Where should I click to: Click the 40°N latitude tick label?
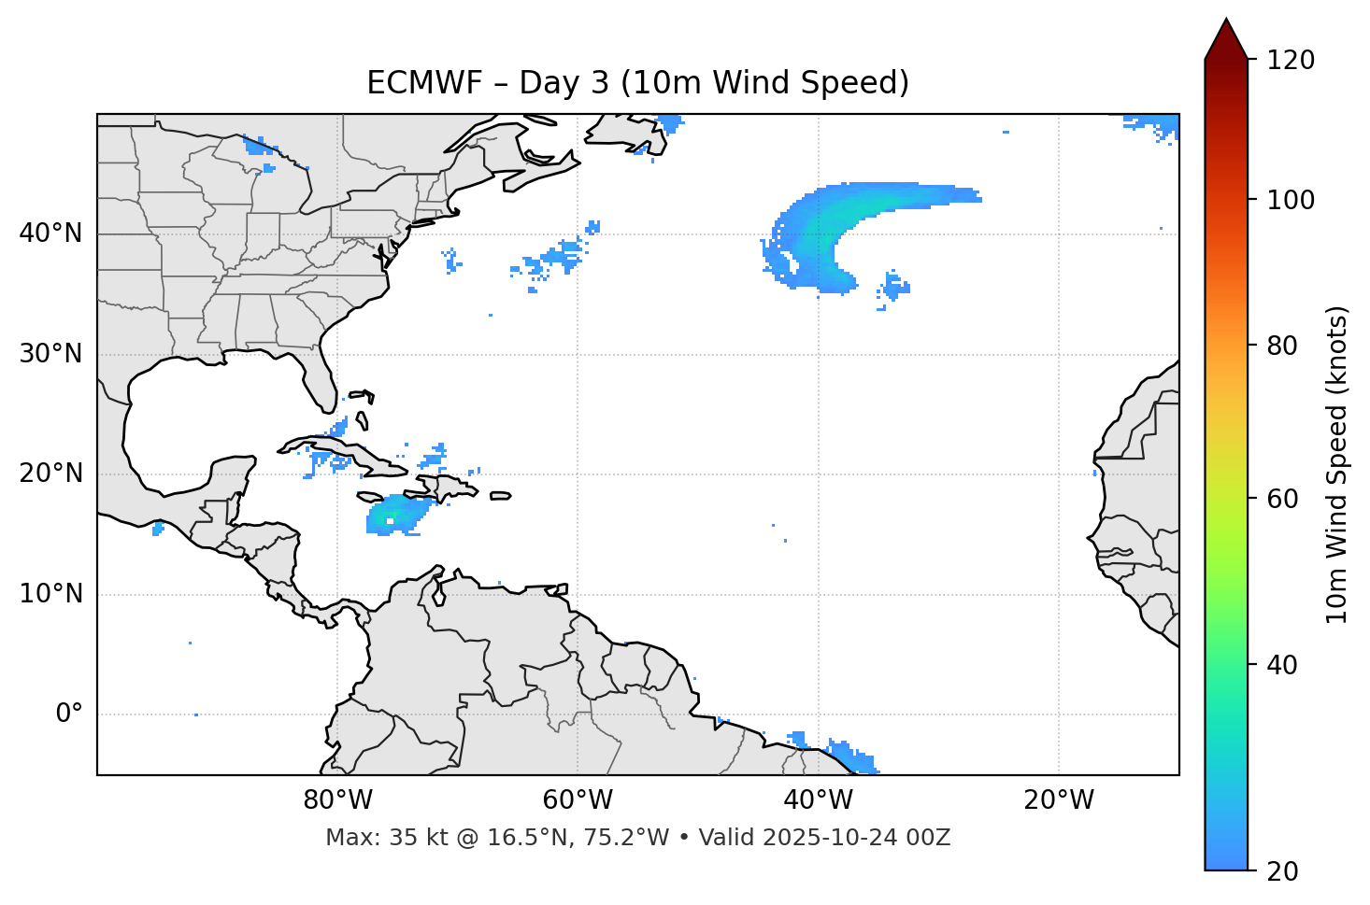tap(50, 233)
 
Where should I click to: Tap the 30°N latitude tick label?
tap(50, 354)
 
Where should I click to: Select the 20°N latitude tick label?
tap(50, 474)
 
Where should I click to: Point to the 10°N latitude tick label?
tap(50, 594)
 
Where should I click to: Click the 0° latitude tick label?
tap(69, 714)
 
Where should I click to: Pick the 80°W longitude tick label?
tap(337, 800)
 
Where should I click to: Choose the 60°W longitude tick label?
tap(578, 800)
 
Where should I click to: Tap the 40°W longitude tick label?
tap(819, 800)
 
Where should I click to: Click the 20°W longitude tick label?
tap(1059, 800)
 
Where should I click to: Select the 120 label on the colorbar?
tap(1291, 60)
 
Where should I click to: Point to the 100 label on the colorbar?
tap(1291, 200)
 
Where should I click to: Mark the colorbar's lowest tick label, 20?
tap(1281, 870)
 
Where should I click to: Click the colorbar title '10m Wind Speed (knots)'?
tap(1337, 464)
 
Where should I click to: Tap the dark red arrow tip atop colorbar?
tap(1226, 37)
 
